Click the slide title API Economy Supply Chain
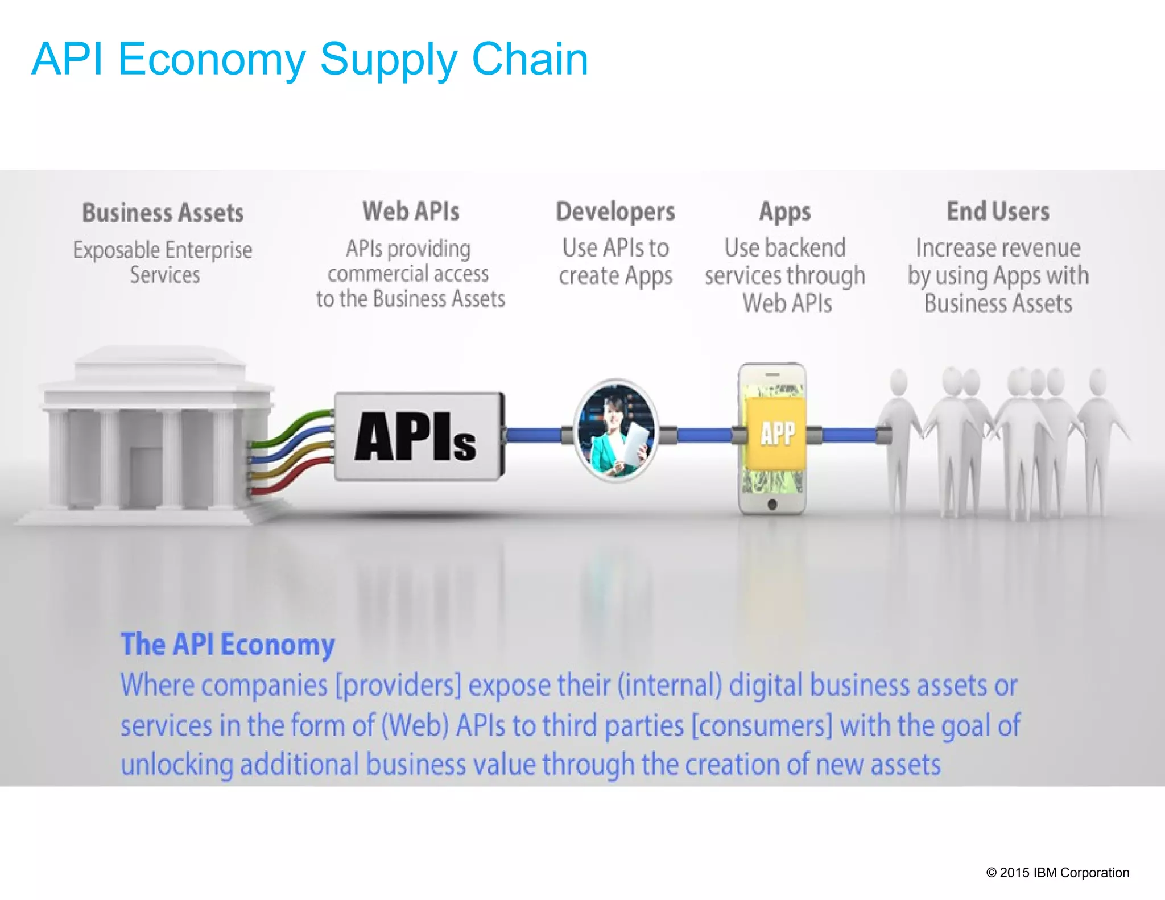click(x=309, y=59)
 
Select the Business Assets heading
click(x=163, y=213)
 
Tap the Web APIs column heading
click(x=411, y=211)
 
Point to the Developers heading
click(x=615, y=212)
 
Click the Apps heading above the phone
click(x=785, y=212)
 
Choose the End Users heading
click(x=998, y=211)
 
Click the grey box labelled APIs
click(x=418, y=436)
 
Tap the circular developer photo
click(x=615, y=431)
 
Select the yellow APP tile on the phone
click(x=776, y=434)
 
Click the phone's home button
click(x=772, y=504)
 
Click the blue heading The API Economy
click(x=228, y=645)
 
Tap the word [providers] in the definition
click(x=398, y=685)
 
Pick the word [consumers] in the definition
click(x=762, y=725)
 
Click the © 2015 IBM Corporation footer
click(x=1057, y=872)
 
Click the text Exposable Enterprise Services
click(x=163, y=262)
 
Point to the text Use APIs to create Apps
click(x=615, y=262)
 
